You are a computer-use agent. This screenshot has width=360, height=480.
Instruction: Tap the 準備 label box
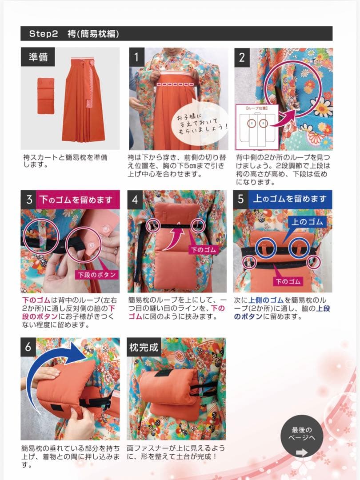[x=38, y=57]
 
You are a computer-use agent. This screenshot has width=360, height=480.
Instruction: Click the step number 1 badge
[x=136, y=57]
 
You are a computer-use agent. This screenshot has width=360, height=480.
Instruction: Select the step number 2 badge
[x=242, y=57]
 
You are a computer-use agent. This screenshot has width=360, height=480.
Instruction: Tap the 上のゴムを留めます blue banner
[x=289, y=199]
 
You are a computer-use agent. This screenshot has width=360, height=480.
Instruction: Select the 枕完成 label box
[x=143, y=347]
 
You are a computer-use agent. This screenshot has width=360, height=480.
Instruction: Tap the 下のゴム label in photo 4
[x=203, y=250]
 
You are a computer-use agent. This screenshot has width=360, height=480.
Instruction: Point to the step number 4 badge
[x=136, y=199]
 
